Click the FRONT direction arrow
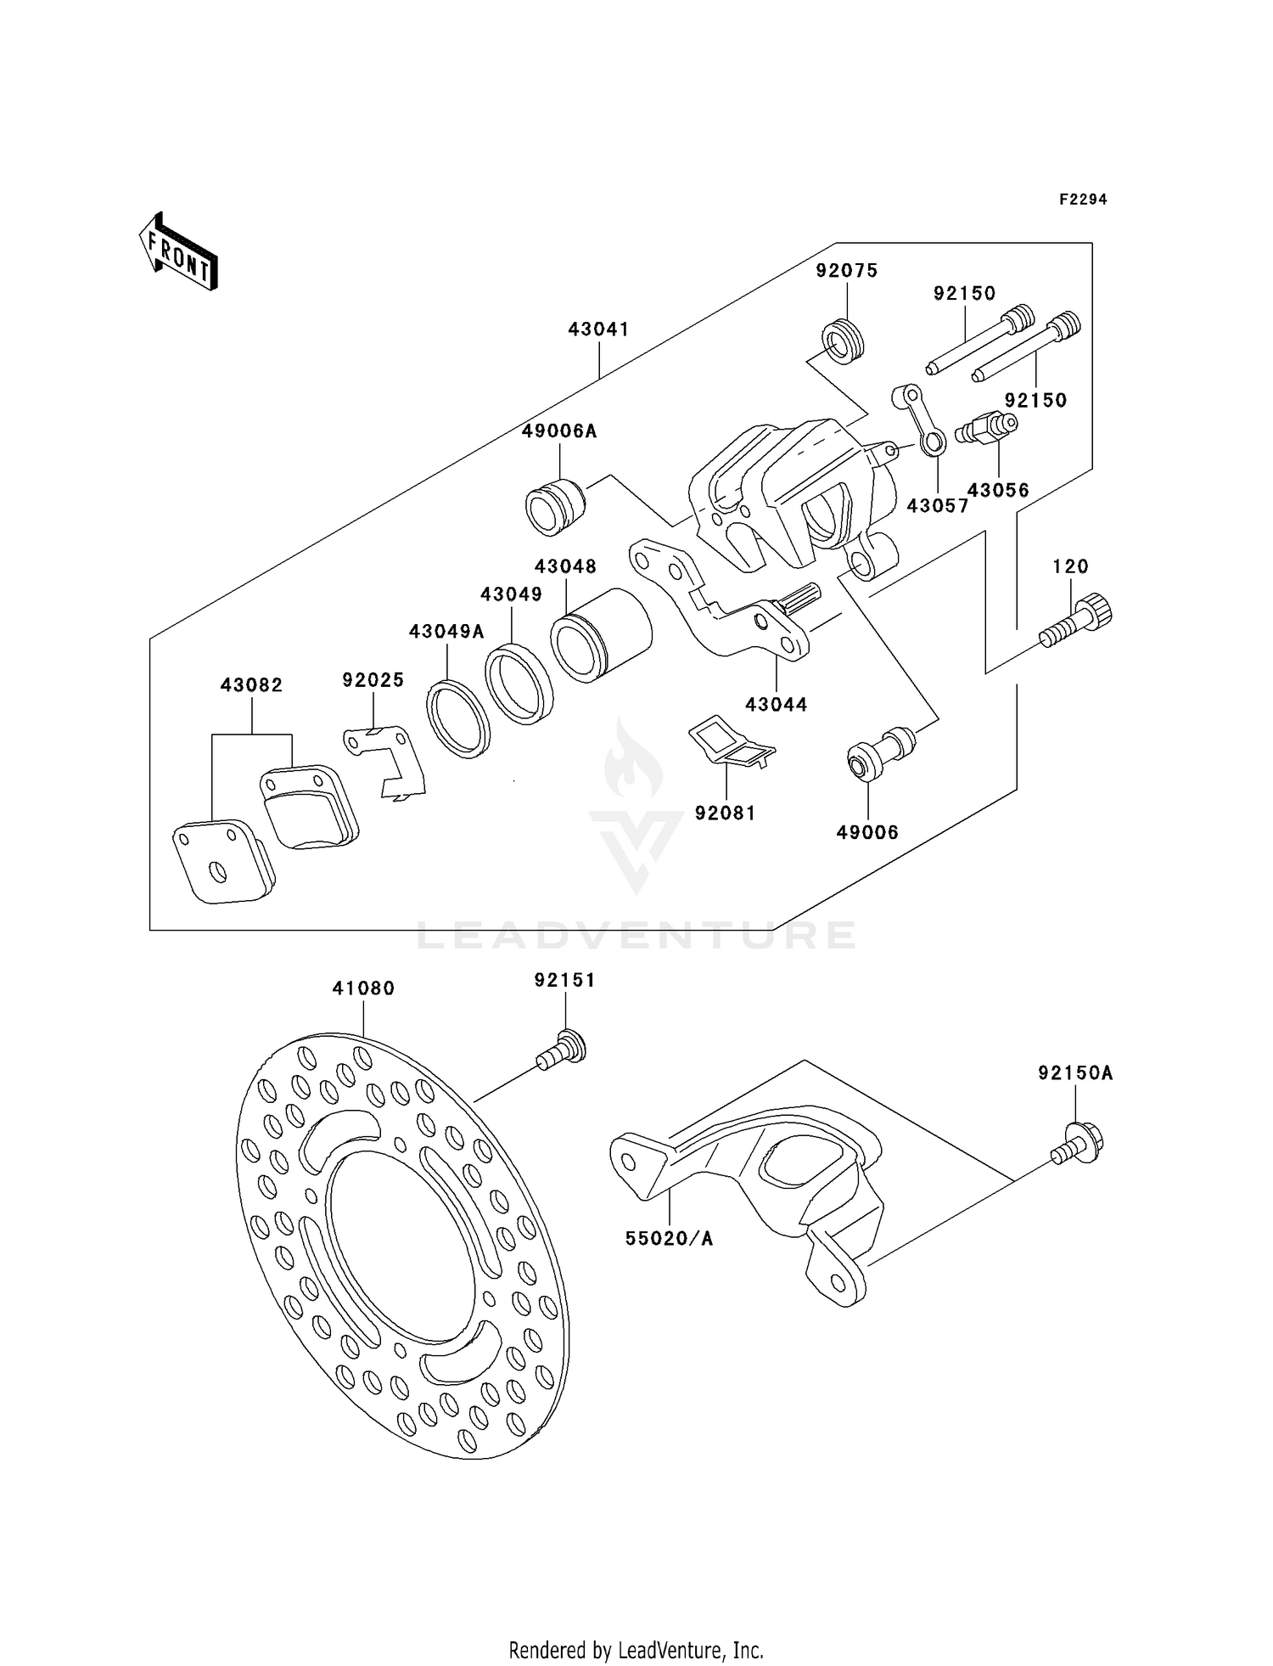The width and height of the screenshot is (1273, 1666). (179, 252)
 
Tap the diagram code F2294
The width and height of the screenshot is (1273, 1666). (1083, 200)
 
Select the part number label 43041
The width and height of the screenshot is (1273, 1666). (598, 329)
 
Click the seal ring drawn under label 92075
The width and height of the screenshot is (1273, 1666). (842, 341)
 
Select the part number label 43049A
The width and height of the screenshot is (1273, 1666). (446, 631)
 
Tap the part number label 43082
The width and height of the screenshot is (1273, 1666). (251, 684)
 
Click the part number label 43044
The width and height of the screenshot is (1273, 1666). (777, 704)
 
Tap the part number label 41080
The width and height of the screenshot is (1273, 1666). (363, 988)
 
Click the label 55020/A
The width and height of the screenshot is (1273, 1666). (669, 1239)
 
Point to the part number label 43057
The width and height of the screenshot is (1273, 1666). (937, 506)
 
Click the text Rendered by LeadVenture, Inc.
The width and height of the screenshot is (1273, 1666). (636, 1650)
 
